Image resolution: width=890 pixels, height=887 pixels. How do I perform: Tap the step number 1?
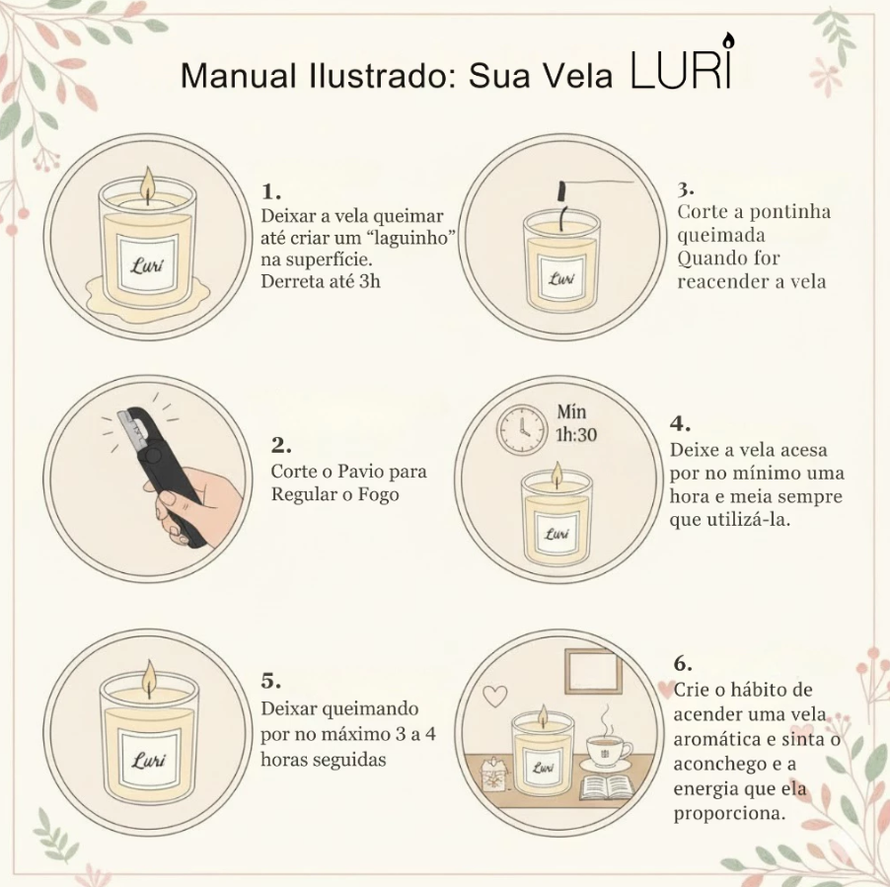(270, 190)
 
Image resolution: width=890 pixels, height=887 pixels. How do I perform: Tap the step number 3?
(685, 187)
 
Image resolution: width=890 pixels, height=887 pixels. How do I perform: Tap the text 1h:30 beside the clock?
(576, 433)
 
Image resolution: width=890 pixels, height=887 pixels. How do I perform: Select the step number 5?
(270, 682)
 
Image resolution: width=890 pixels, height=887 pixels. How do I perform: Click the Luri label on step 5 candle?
(148, 761)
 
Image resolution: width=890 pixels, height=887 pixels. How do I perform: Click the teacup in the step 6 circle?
(609, 751)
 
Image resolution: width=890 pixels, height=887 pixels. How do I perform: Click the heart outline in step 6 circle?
(495, 696)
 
